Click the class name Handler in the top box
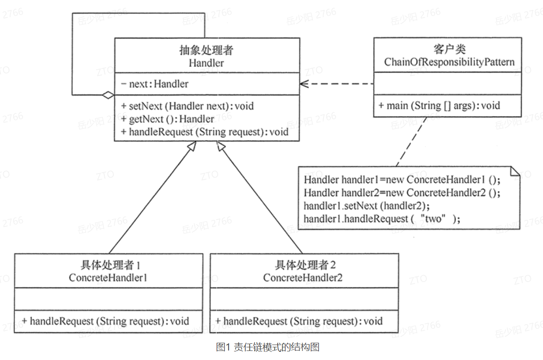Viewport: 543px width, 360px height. [x=206, y=63]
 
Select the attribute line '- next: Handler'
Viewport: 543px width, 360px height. [x=155, y=84]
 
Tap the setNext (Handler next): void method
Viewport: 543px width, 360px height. [x=188, y=106]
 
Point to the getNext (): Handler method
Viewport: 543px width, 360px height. [x=168, y=119]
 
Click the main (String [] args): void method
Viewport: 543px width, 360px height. [x=439, y=106]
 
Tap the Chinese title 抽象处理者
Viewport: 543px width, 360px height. [x=206, y=50]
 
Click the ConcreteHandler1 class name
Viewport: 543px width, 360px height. [x=108, y=277]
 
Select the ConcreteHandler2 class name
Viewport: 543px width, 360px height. [x=303, y=277]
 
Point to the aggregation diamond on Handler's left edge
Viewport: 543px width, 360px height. [x=108, y=95]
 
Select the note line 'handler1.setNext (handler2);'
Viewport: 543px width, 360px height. [x=367, y=205]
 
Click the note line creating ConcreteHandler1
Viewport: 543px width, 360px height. [x=402, y=179]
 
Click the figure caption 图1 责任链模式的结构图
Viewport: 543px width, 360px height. [x=268, y=347]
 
